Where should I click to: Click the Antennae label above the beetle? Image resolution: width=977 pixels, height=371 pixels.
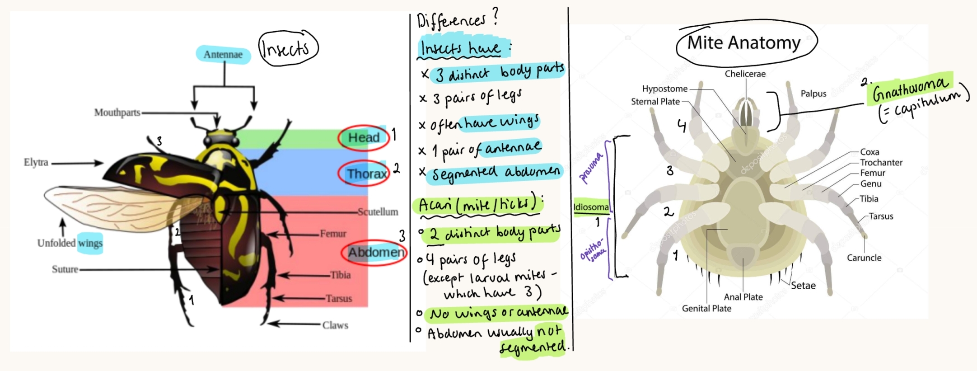[x=223, y=55]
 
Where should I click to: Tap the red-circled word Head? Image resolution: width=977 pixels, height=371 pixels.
[x=364, y=137]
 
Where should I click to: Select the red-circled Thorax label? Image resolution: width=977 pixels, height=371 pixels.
[x=366, y=174]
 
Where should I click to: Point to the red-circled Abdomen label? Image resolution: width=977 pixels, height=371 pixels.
[x=375, y=252]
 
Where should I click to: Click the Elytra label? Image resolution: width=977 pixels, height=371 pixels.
[x=36, y=162]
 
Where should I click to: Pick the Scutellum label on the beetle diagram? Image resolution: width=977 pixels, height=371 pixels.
[x=378, y=212]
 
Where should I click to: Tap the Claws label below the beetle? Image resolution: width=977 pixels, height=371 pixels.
[x=335, y=325]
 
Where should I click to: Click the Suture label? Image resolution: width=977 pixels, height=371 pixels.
[x=65, y=269]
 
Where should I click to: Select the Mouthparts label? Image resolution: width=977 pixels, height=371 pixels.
[x=117, y=113]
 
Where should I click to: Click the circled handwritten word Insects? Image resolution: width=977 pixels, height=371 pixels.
[x=287, y=48]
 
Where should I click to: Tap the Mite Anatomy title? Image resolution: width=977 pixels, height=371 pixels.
[x=744, y=42]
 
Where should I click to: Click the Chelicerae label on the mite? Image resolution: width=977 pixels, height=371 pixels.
[x=745, y=74]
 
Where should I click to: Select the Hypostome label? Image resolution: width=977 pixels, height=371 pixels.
[x=664, y=89]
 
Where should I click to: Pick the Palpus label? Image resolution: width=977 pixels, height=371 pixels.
[x=813, y=94]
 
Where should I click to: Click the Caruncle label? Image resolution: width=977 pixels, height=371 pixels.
[x=864, y=258]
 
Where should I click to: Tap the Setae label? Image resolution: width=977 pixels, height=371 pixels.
[x=803, y=286]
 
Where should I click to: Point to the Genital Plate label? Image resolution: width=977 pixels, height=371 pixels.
[x=706, y=309]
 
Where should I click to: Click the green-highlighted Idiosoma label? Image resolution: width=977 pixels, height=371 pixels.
[x=591, y=207]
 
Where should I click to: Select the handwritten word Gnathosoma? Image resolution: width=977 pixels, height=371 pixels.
[x=910, y=89]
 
